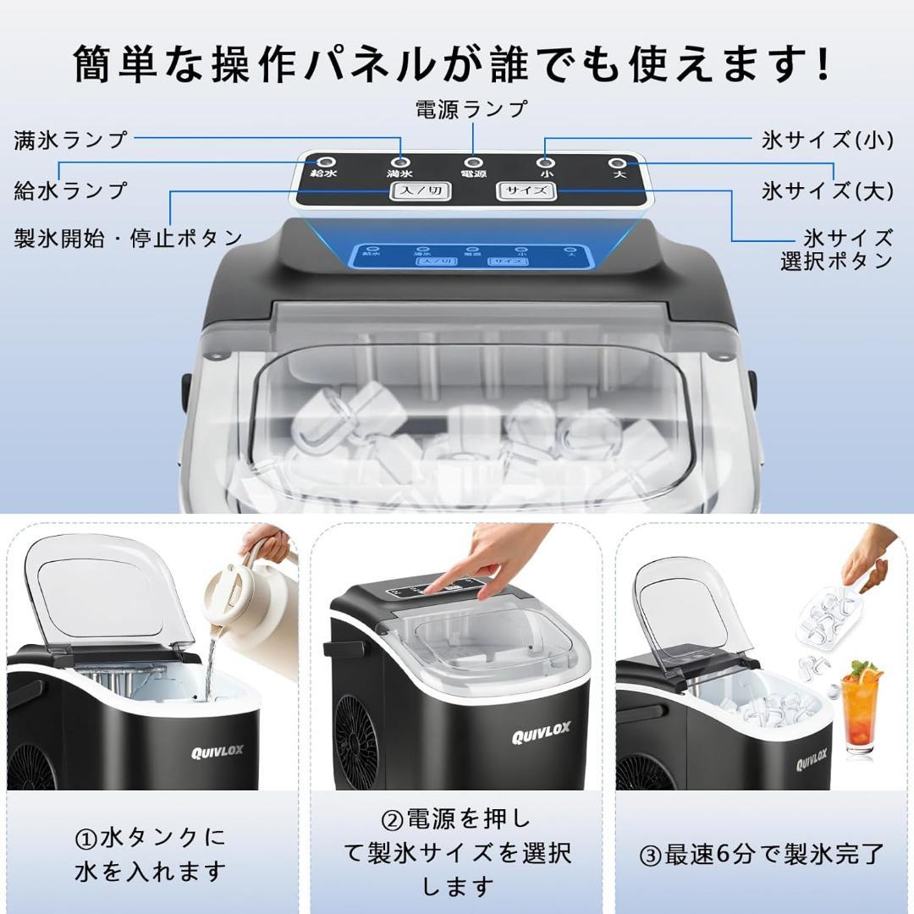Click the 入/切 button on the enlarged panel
(x=420, y=190)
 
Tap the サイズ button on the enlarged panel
(x=526, y=190)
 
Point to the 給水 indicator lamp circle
(x=324, y=162)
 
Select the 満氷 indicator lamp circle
(x=399, y=162)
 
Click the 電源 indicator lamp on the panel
(x=473, y=162)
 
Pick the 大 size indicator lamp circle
(x=619, y=162)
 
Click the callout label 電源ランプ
(x=471, y=109)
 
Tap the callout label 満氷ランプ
(x=70, y=140)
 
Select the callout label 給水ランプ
(x=70, y=190)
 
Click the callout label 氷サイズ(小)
(x=827, y=140)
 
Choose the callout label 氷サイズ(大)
(x=827, y=190)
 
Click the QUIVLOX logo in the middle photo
(x=541, y=733)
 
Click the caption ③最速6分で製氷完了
(x=762, y=854)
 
